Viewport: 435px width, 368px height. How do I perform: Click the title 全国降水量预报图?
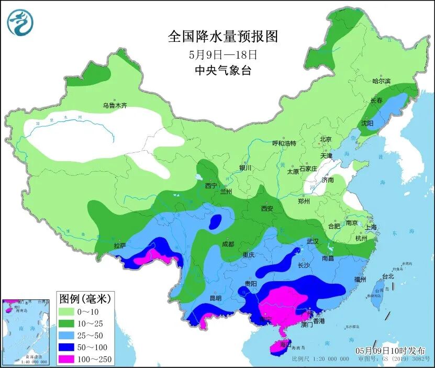click(222, 36)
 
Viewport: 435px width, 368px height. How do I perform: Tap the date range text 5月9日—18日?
click(223, 54)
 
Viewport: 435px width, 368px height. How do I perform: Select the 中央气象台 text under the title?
click(222, 70)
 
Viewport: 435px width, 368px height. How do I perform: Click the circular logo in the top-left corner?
click(20, 23)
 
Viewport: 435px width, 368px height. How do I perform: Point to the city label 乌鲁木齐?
click(115, 105)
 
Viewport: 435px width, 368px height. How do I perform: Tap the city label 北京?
click(326, 139)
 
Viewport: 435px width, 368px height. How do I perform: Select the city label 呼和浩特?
click(284, 143)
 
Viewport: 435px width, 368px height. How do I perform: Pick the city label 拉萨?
click(119, 245)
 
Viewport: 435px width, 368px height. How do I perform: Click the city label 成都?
click(228, 243)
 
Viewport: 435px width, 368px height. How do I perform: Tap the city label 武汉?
click(313, 241)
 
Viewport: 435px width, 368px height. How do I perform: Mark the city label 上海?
click(371, 227)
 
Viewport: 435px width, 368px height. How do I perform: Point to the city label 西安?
click(267, 208)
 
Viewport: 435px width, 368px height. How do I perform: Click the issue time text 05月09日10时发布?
click(390, 350)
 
